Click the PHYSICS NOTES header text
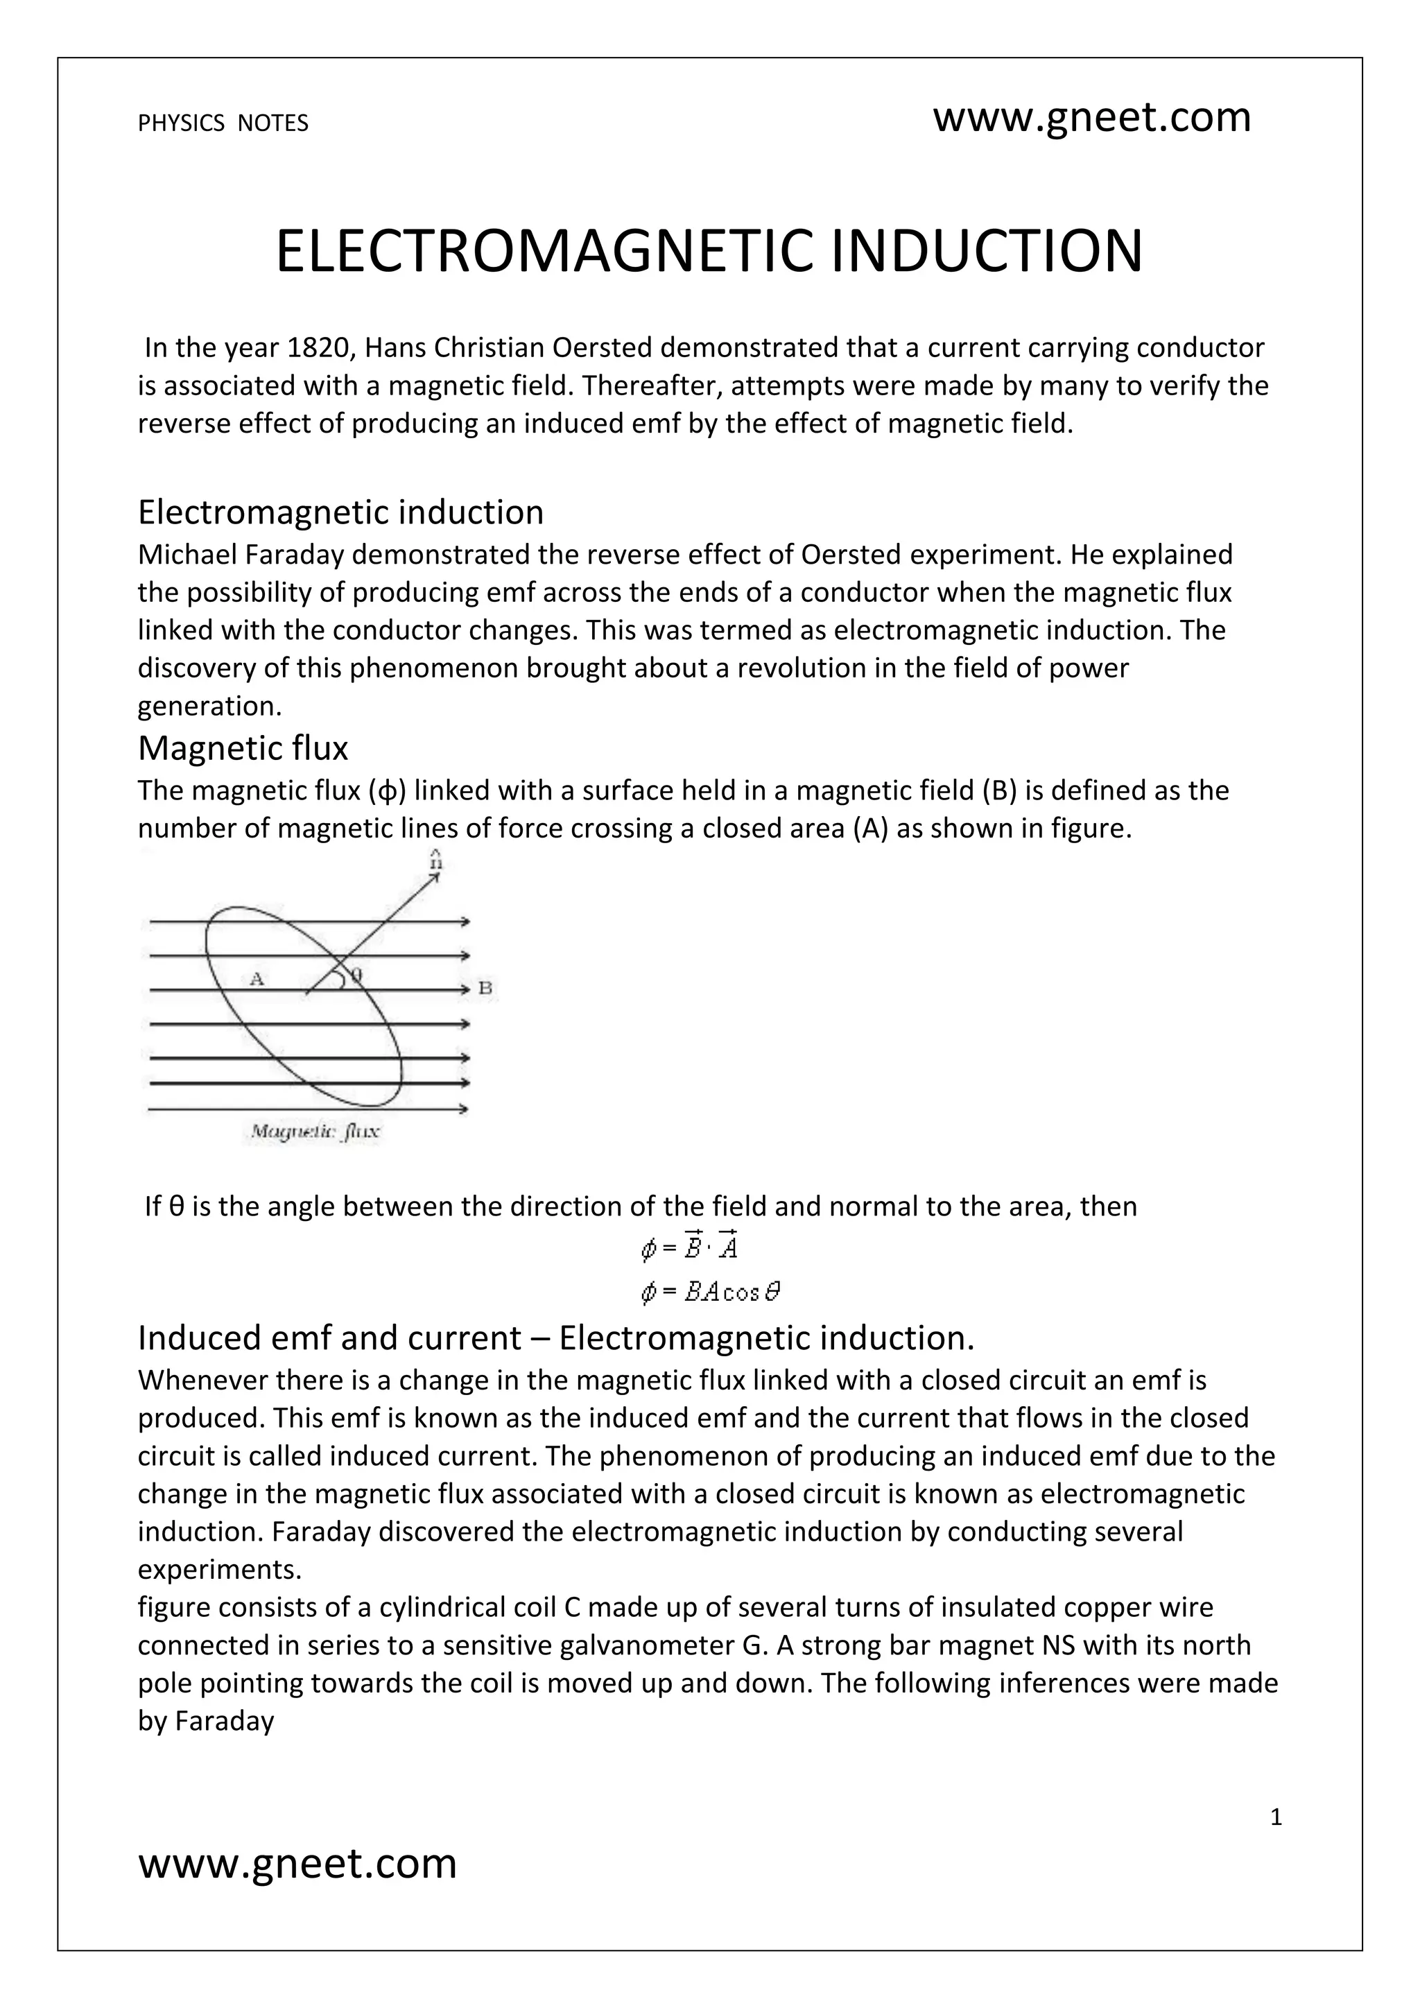click(223, 123)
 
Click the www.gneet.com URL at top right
click(1091, 117)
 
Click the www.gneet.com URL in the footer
click(297, 1863)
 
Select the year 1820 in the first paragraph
click(319, 348)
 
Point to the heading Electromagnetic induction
click(340, 512)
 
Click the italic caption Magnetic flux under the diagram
click(315, 1132)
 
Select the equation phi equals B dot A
click(690, 1248)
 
